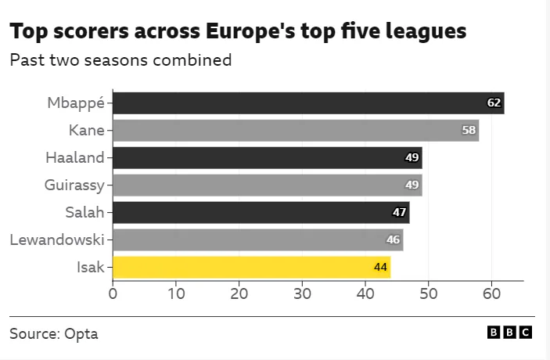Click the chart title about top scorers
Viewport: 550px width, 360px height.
tap(238, 31)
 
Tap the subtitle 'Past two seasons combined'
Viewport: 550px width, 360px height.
tap(120, 60)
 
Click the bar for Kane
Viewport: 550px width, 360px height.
tap(296, 130)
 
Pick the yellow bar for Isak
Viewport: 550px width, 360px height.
tap(251, 267)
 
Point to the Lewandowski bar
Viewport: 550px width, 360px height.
tap(258, 239)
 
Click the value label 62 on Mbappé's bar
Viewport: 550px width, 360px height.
tap(494, 103)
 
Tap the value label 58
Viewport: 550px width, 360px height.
tap(469, 130)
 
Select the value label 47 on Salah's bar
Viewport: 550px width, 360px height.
tap(399, 212)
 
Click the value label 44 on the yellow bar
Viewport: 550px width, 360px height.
tap(380, 267)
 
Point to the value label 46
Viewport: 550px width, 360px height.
tap(393, 239)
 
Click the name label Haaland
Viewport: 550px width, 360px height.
tap(75, 157)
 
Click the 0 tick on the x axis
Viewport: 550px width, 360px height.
tap(113, 293)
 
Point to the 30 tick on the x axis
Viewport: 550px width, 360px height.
tap(302, 293)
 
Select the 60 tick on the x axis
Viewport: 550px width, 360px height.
tap(491, 293)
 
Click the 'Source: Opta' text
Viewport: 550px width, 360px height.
tap(54, 333)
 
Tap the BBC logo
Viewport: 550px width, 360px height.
tap(509, 333)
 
